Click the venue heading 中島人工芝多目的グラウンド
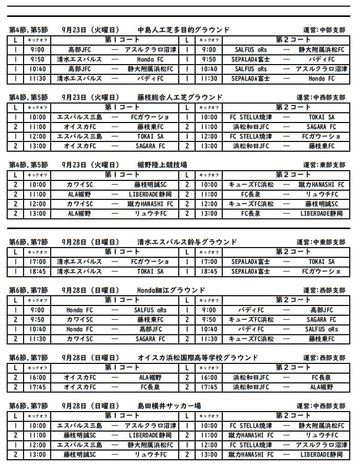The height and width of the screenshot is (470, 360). click(x=184, y=30)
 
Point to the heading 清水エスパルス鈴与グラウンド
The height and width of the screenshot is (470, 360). click(x=187, y=242)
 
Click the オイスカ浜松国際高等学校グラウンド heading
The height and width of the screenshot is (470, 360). click(x=198, y=358)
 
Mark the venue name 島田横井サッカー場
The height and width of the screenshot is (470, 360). click(x=169, y=406)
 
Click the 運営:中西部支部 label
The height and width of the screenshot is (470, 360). click(x=321, y=97)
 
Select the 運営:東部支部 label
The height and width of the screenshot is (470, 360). click(x=324, y=165)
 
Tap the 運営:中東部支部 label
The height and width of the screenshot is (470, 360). click(x=321, y=242)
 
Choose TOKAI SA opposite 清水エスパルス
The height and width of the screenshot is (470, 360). click(x=150, y=272)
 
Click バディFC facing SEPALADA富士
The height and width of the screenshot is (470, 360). click(x=321, y=59)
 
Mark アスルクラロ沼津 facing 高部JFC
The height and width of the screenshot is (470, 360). click(x=150, y=50)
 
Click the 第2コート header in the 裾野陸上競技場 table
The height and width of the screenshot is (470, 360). click(x=293, y=175)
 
